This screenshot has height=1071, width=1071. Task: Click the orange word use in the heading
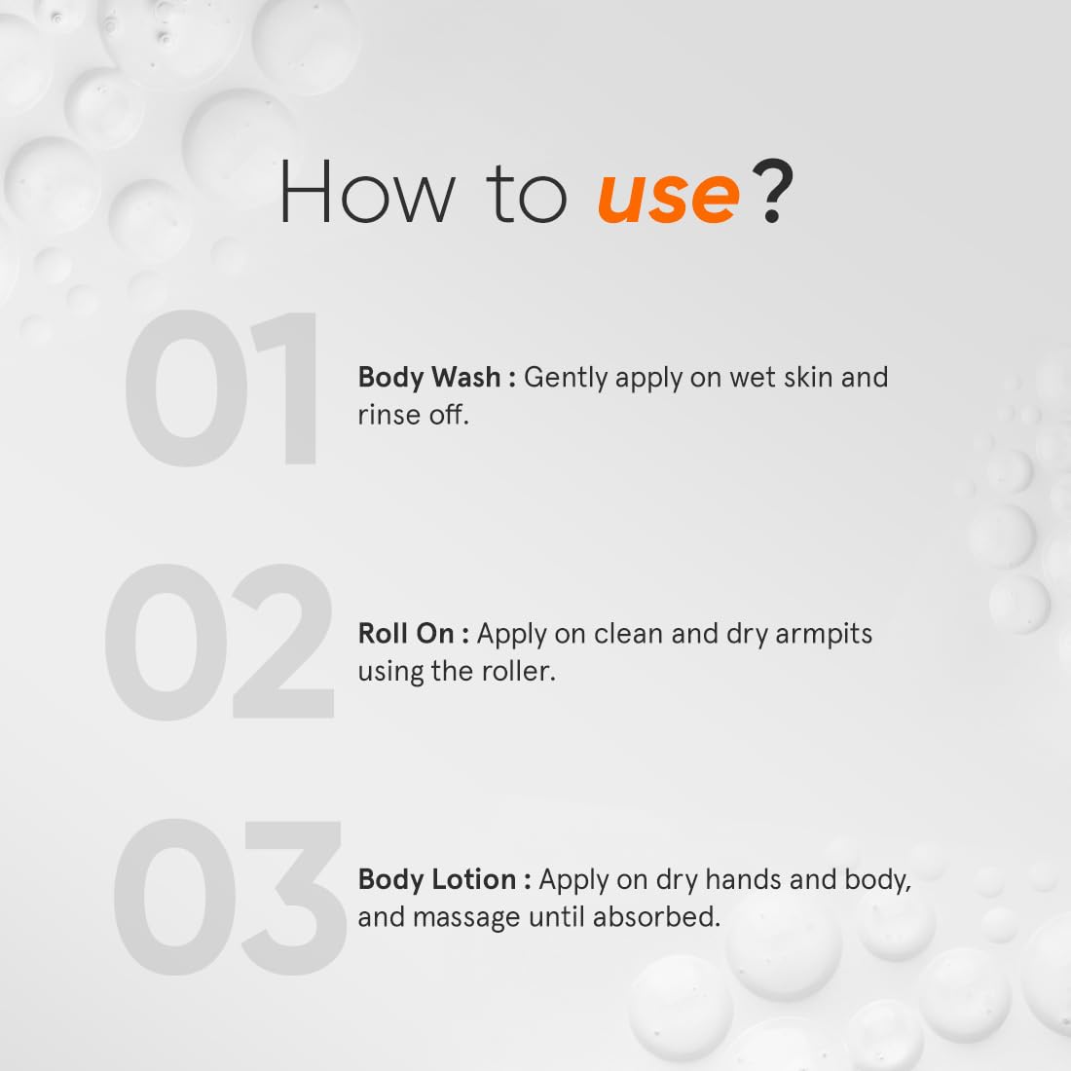click(668, 195)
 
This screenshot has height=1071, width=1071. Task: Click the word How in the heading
click(366, 193)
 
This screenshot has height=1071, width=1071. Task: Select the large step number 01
click(222, 390)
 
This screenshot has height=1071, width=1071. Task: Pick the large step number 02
click(220, 643)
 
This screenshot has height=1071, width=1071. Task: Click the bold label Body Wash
click(429, 377)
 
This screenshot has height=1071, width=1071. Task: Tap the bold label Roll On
click(406, 634)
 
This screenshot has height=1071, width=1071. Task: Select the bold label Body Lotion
click(437, 879)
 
